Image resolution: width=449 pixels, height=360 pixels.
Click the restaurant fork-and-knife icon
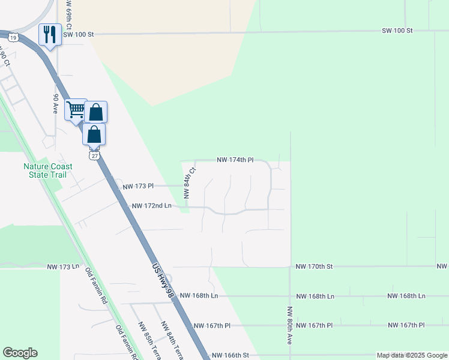click(x=49, y=34)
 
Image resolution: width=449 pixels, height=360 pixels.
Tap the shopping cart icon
click(x=76, y=110)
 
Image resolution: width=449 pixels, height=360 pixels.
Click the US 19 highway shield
click(x=12, y=38)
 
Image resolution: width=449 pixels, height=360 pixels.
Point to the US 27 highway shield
click(x=94, y=155)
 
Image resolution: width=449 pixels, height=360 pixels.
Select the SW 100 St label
click(x=397, y=30)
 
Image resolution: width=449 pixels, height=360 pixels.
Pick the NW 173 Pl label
click(x=137, y=187)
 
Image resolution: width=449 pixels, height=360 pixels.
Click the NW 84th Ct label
click(x=187, y=183)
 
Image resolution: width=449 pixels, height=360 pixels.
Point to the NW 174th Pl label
click(x=235, y=160)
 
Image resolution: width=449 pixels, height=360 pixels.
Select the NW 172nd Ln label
click(x=152, y=206)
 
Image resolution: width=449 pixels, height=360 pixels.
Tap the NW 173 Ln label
click(x=64, y=266)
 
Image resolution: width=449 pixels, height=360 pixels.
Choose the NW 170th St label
click(x=314, y=265)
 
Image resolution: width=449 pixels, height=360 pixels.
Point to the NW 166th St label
click(x=231, y=355)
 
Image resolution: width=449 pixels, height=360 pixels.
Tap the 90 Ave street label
click(x=55, y=104)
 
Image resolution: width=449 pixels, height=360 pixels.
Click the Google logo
click(x=20, y=353)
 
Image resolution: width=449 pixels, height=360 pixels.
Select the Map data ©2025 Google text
click(x=412, y=355)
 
